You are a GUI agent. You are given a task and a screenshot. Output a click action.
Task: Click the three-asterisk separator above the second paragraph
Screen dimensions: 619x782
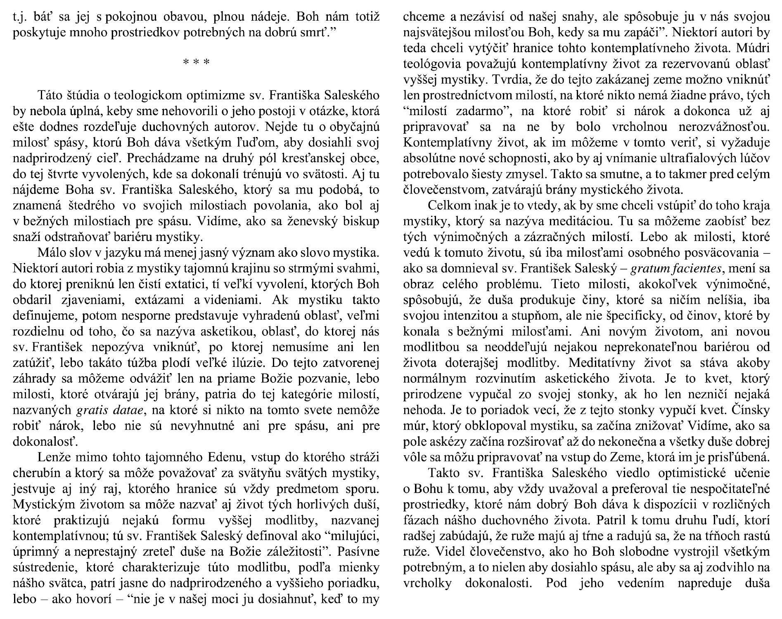click(196, 63)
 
